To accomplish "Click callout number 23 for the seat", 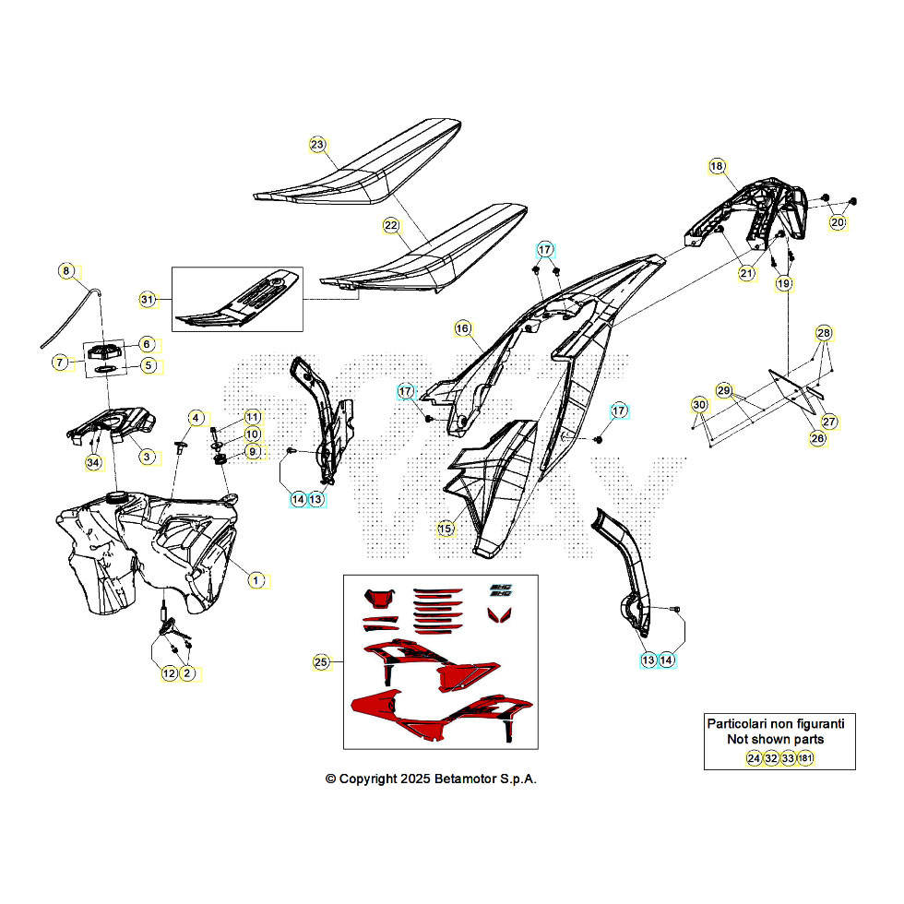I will tap(317, 145).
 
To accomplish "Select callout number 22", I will tap(391, 225).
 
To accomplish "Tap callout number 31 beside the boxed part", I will tap(147, 299).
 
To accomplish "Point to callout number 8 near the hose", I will tap(65, 270).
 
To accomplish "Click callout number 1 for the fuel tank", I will tap(257, 579).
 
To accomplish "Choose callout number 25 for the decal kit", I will tap(320, 661).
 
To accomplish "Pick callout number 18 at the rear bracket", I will tap(717, 166).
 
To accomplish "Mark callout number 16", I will tap(462, 327).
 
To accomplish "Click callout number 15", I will tap(446, 529).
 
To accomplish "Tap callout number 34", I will tap(92, 462).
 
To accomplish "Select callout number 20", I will tap(837, 222).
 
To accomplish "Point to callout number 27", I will tap(829, 422).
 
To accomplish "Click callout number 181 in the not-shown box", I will tap(805, 758).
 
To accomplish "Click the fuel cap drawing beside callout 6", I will tap(103, 351).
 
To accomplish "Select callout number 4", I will tap(195, 418).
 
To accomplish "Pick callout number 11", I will tap(252, 417).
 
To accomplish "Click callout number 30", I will tap(698, 405).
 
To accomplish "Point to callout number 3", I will tap(147, 456).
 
